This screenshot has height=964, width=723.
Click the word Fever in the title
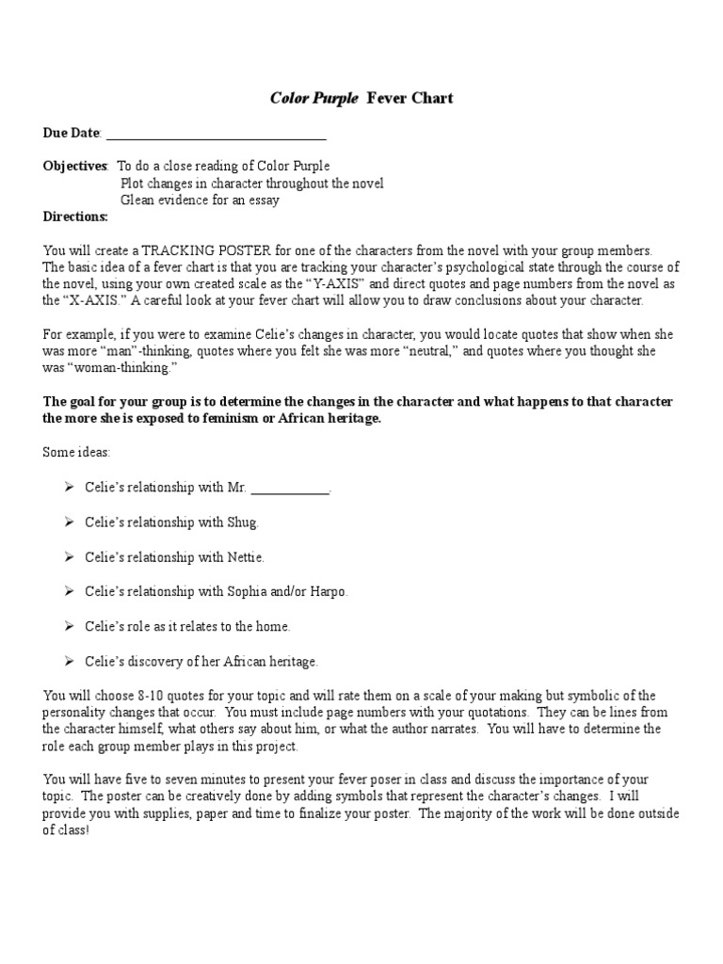(x=383, y=98)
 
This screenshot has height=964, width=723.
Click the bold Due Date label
(x=72, y=133)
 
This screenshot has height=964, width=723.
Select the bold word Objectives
(x=75, y=166)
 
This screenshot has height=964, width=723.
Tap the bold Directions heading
(x=75, y=217)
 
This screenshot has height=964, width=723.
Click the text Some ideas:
(x=71, y=452)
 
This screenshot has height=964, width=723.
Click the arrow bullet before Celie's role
(x=70, y=626)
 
